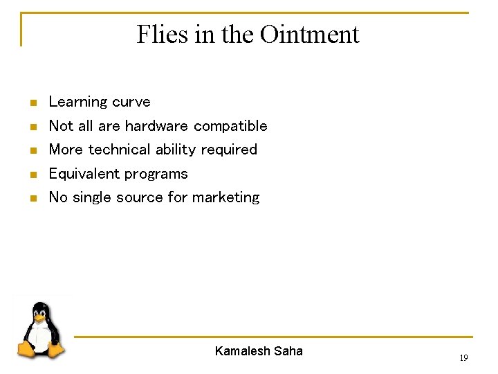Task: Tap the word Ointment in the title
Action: tap(309, 34)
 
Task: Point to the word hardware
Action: tap(156, 126)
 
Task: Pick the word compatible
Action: tap(230, 126)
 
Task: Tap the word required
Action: tap(229, 150)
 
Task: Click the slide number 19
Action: tap(463, 358)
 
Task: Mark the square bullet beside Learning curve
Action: tap(32, 103)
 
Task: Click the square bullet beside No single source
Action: tap(32, 199)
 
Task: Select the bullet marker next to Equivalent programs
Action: tap(32, 175)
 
